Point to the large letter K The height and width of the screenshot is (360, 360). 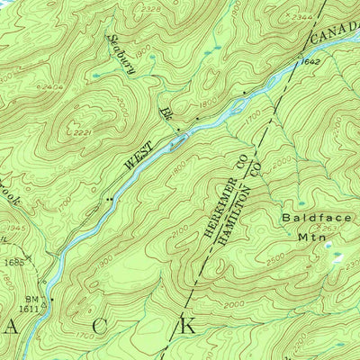click(187, 324)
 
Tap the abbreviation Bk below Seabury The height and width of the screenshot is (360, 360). click(165, 112)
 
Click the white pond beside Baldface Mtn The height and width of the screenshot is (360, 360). click(339, 255)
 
